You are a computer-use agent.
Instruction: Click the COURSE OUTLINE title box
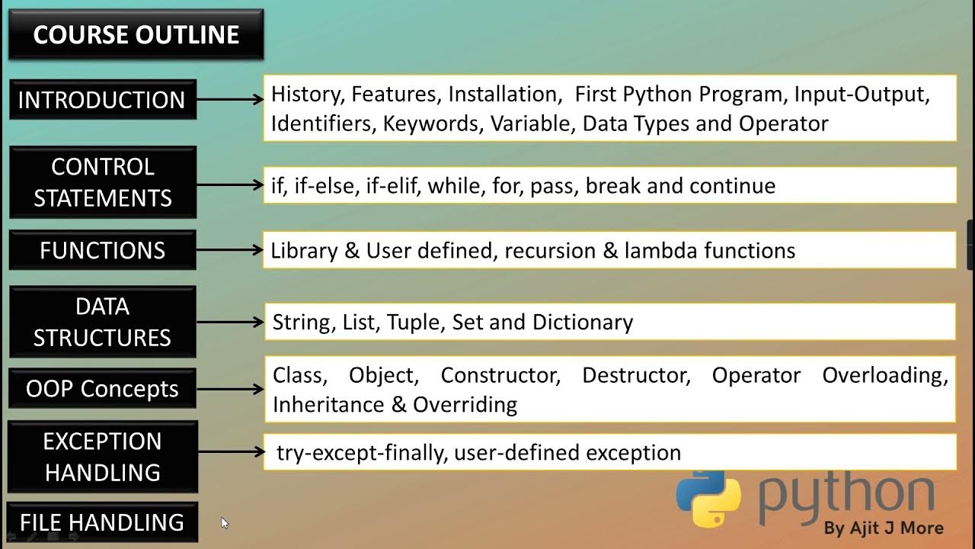136,34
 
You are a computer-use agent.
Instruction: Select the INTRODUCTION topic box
102,100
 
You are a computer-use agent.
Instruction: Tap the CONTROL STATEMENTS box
102,183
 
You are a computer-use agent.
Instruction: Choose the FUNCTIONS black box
102,250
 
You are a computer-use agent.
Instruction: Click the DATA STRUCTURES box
102,322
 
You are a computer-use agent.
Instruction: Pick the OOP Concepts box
102,389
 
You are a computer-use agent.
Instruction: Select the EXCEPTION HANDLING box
102,457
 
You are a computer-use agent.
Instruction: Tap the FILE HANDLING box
102,522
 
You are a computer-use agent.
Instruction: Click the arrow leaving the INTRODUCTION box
229,100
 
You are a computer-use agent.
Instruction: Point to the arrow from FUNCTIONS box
229,250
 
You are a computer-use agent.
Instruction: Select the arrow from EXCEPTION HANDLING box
229,452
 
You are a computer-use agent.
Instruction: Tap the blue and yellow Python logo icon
708,499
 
